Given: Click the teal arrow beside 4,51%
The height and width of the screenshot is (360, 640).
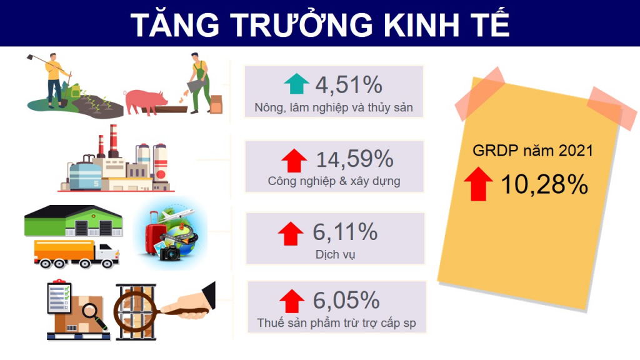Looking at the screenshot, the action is (297, 84).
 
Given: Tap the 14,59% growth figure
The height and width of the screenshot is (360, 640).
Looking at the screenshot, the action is (355, 159).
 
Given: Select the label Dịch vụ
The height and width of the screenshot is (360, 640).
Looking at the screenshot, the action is (335, 255).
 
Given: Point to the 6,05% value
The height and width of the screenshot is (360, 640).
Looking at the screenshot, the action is (346, 300).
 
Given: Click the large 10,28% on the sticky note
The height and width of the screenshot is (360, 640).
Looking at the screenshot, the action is (544, 184).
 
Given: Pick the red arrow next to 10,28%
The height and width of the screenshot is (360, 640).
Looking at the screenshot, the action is (478, 184).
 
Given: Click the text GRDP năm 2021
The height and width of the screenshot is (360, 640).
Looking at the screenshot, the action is (532, 151).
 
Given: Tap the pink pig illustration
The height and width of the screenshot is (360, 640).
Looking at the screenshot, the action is (146, 102).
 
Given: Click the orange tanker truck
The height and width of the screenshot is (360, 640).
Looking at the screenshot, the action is (77, 254).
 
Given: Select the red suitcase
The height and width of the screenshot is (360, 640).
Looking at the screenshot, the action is (155, 232).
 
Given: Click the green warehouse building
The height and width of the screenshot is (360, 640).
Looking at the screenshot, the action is (74, 221).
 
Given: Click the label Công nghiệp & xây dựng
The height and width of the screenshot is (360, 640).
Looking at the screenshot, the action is (334, 181).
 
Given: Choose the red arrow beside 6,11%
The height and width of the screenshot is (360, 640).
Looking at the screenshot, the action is (291, 234).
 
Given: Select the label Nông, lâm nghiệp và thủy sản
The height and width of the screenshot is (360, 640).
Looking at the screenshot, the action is (334, 107).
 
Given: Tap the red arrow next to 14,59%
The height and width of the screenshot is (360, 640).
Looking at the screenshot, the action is (294, 161).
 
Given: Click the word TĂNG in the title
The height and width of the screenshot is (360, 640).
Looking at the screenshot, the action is (176, 24).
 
